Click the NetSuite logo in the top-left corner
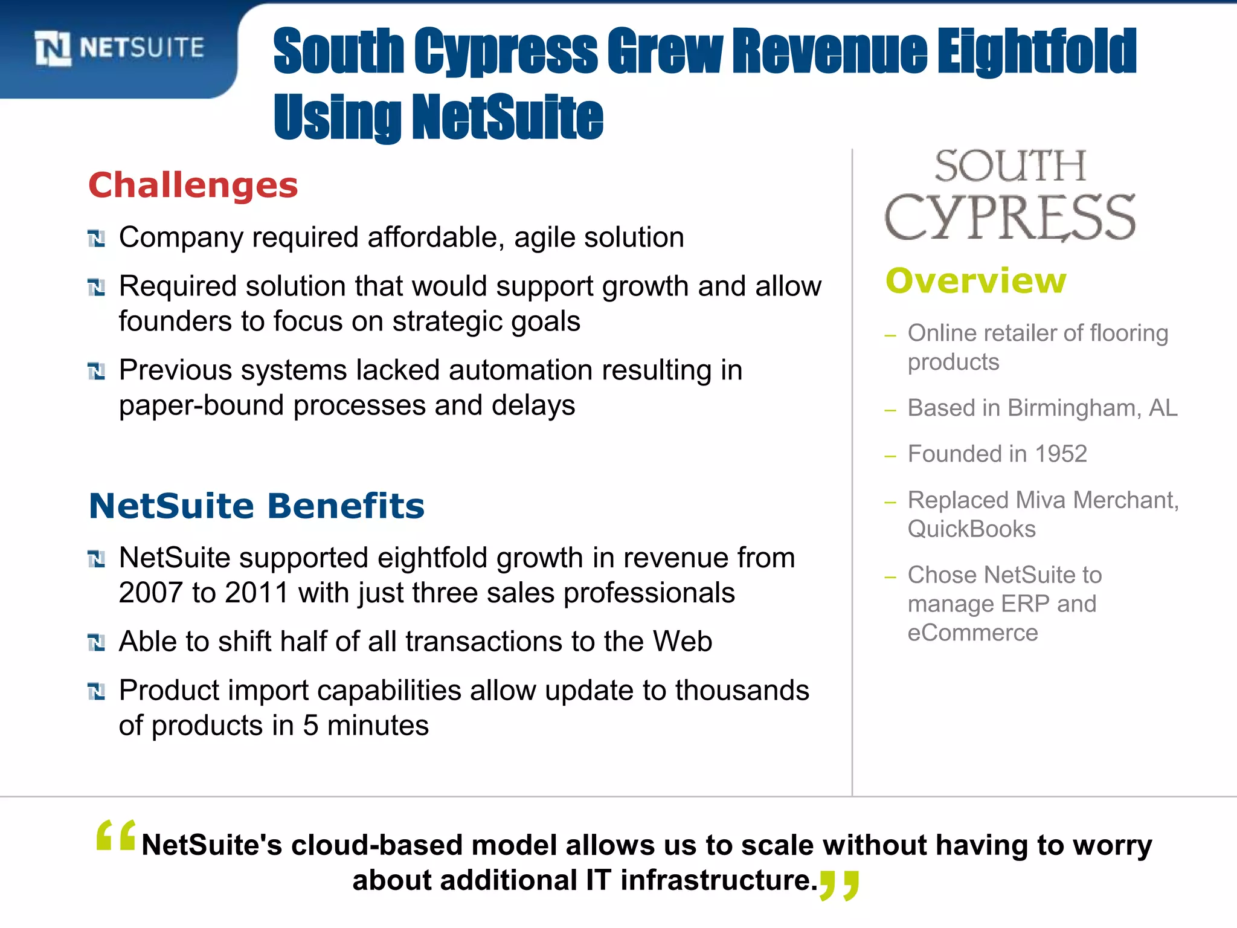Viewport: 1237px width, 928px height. (119, 48)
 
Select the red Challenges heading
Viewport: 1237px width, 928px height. (193, 185)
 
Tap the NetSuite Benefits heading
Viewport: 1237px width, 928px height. (257, 506)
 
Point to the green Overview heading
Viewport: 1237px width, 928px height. (976, 280)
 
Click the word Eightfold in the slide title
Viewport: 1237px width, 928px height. (1036, 52)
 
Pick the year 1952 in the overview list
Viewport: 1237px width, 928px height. (1061, 454)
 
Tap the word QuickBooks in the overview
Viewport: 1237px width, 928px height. (971, 529)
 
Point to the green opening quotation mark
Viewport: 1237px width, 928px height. (115, 837)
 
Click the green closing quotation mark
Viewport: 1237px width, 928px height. (839, 885)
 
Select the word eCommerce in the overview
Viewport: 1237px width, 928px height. (972, 633)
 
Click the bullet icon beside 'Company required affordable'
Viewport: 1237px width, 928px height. (96, 239)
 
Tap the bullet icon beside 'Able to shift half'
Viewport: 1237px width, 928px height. (96, 643)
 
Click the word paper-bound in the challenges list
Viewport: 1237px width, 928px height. (201, 406)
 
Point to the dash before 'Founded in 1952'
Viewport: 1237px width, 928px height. (890, 456)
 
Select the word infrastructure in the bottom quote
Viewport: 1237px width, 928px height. (718, 880)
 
